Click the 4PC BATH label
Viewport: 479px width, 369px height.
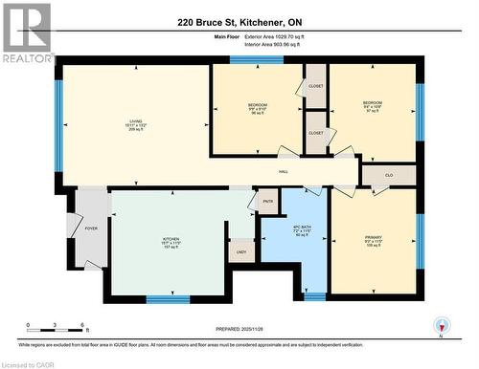click(300, 228)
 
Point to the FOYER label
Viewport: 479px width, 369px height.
click(92, 229)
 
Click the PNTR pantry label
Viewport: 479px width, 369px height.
click(268, 202)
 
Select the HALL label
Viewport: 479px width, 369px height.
click(284, 171)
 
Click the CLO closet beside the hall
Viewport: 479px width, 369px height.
click(388, 175)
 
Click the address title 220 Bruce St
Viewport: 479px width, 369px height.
click(239, 22)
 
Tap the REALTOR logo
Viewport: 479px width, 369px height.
click(27, 33)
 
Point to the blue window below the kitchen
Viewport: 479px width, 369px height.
click(168, 300)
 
